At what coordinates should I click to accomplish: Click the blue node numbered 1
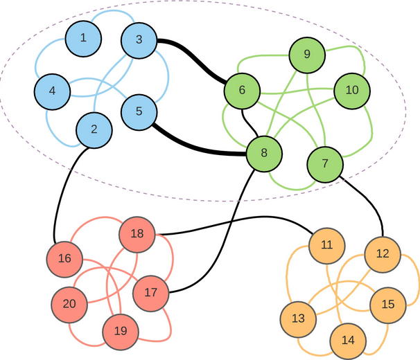point(83,37)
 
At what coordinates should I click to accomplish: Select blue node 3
point(139,40)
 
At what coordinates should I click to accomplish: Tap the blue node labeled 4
point(53,90)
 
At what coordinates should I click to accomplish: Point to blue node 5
point(139,111)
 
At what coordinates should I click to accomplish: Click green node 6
point(242,90)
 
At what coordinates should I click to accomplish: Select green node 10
point(352,90)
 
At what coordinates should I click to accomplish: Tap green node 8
point(263,152)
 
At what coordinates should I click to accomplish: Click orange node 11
point(327,245)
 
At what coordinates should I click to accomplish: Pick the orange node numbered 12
point(382,254)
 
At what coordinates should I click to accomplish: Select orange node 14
point(348,340)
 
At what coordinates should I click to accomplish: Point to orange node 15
point(388,304)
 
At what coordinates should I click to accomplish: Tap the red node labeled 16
point(64,259)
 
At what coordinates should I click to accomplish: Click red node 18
point(137,234)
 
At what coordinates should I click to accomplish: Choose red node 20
point(69,304)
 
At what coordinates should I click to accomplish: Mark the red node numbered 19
point(121,331)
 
